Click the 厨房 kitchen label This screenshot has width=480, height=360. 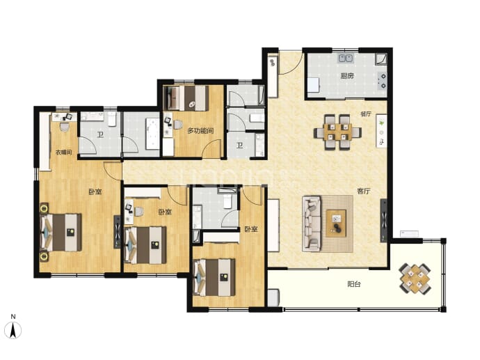[x=347, y=76]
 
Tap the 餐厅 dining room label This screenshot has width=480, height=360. [x=366, y=114]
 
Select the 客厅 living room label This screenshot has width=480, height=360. [x=364, y=191]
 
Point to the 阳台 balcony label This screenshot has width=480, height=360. [x=354, y=284]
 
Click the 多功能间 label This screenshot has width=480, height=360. [x=200, y=131]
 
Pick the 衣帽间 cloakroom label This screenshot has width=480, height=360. [x=64, y=152]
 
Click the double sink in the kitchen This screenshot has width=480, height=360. [x=346, y=58]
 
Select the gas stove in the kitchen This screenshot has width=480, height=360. [x=382, y=81]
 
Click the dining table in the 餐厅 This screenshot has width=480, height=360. [x=337, y=132]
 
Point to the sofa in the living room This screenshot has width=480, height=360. [x=312, y=224]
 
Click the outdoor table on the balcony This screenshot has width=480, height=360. [x=415, y=279]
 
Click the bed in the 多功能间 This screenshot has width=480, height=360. [x=186, y=98]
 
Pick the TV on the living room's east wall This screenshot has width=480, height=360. [x=383, y=220]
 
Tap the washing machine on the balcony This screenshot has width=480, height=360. [x=273, y=297]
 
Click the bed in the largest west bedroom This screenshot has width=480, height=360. [x=61, y=232]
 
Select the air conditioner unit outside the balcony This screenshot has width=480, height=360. [x=409, y=234]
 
